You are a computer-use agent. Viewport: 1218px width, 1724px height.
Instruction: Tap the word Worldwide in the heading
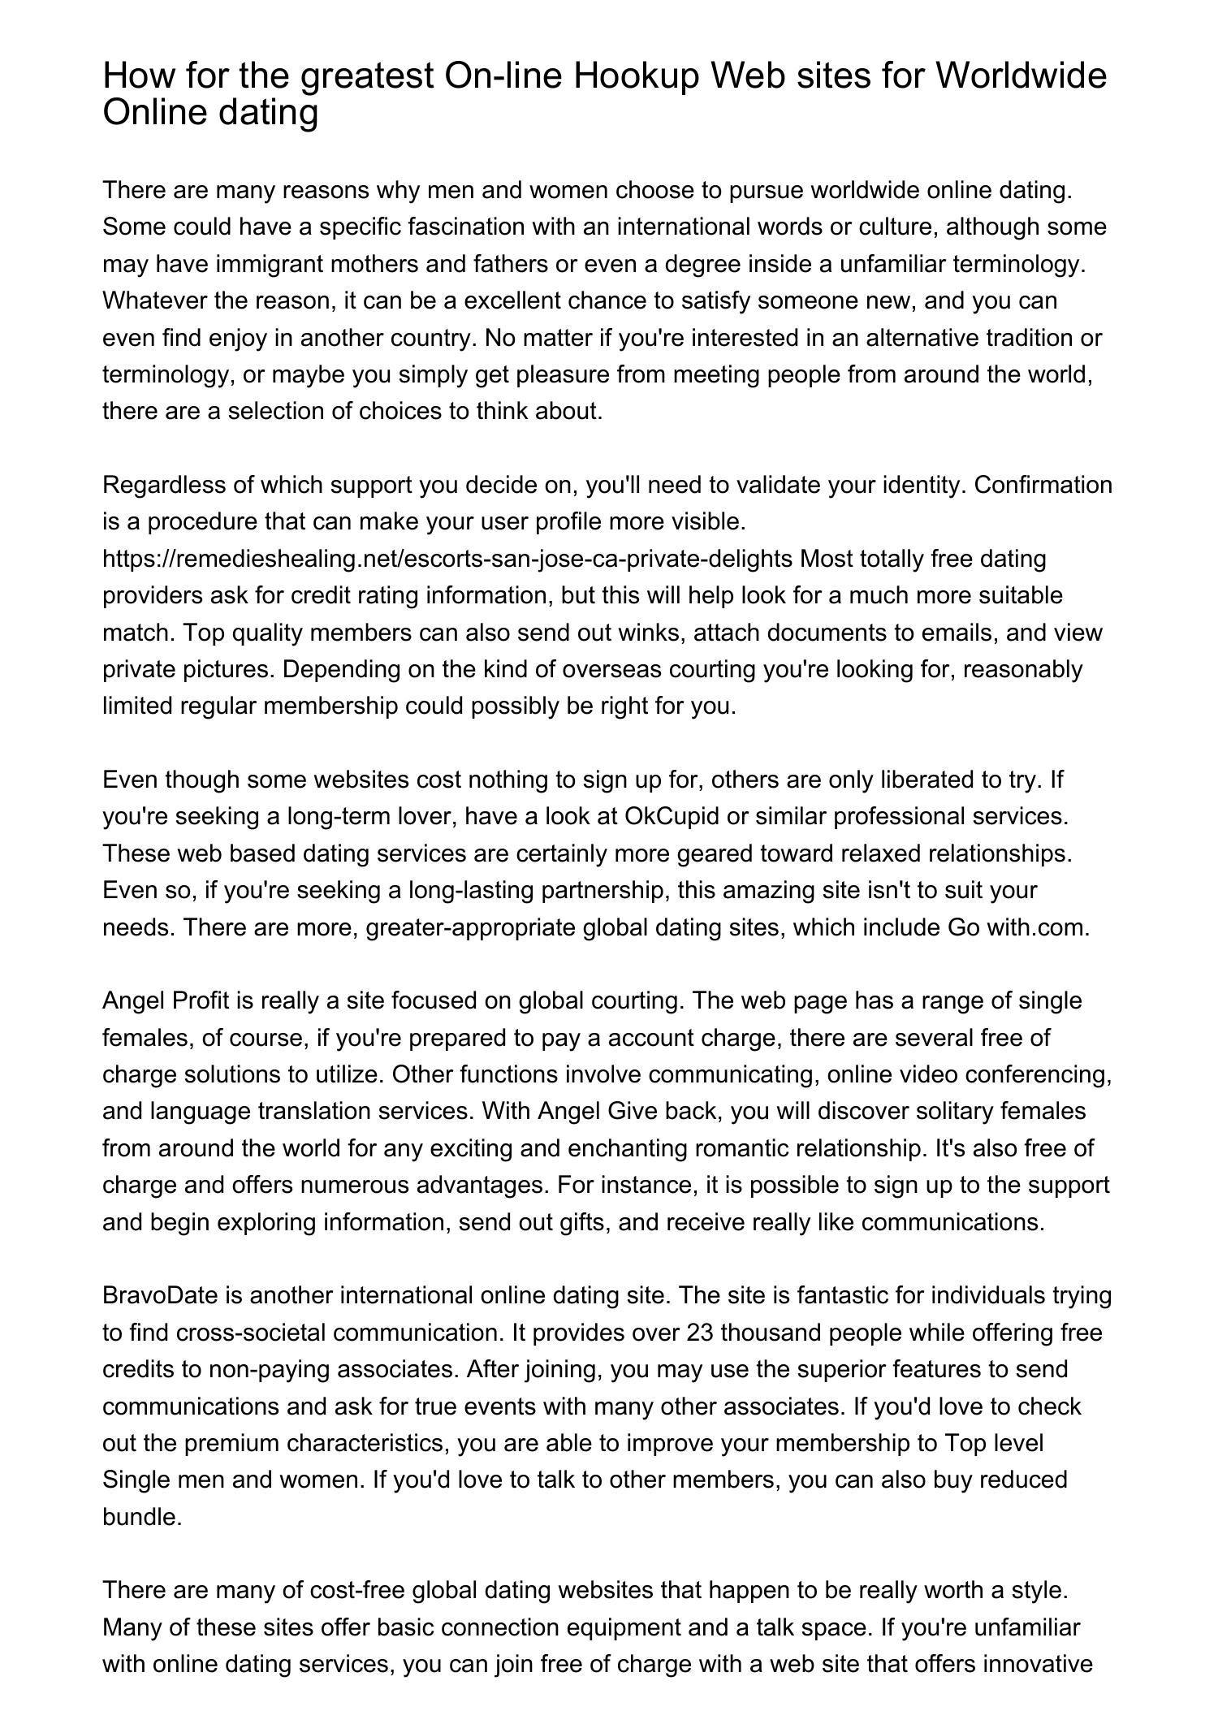point(1021,76)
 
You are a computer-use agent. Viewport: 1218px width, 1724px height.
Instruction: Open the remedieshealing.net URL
point(447,559)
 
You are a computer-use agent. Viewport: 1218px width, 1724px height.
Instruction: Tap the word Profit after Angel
point(201,1000)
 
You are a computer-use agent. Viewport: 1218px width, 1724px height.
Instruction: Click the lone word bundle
point(141,1517)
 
